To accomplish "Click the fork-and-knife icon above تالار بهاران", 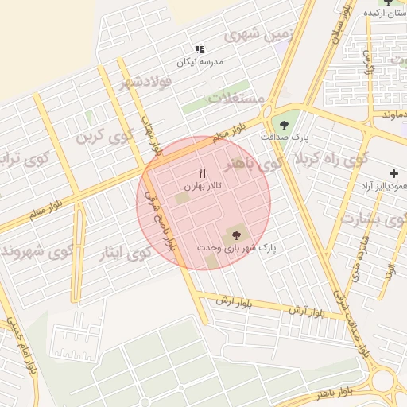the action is (202, 173).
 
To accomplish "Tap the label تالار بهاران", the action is (202, 186).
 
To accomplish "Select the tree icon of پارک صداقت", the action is (281, 123).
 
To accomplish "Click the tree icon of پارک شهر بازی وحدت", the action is (235, 235).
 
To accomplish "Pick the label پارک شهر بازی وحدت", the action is (235, 248).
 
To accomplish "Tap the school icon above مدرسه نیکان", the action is (200, 48).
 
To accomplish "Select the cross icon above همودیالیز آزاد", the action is (393, 173).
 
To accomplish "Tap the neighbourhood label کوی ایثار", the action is (124, 254).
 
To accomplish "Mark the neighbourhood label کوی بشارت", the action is (372, 217).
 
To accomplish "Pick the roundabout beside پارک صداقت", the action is (267, 112).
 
